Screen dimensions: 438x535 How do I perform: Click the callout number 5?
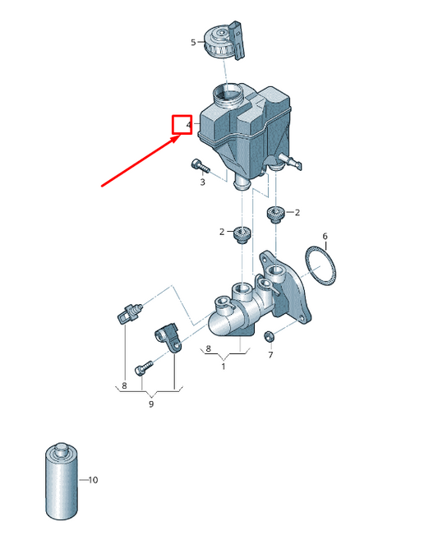tap(193, 42)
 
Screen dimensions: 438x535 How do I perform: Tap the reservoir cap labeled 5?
tap(225, 41)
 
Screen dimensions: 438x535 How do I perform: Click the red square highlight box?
tap(182, 125)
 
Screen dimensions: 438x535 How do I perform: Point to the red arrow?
tap(141, 160)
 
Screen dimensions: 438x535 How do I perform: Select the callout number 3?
tap(203, 182)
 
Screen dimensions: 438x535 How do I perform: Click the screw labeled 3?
tap(200, 166)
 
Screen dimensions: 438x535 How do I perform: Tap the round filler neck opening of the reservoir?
tap(227, 93)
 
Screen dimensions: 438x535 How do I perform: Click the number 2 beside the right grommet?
tap(297, 212)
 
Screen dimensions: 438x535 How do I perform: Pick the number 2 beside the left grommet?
tap(222, 232)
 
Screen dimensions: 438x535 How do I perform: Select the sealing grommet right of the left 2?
tap(242, 235)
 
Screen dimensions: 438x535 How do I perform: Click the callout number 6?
tap(325, 236)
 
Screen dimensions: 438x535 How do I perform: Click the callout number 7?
tap(270, 355)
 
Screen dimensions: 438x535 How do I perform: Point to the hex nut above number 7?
tap(269, 337)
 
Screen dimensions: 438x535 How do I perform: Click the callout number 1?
tap(224, 367)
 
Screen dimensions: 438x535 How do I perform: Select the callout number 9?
tap(151, 404)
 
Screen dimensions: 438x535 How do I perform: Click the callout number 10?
tap(93, 480)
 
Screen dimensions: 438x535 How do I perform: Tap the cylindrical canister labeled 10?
tap(62, 482)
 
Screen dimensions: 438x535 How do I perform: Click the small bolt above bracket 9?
tap(145, 368)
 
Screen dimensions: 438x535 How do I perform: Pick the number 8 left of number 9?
tap(124, 385)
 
